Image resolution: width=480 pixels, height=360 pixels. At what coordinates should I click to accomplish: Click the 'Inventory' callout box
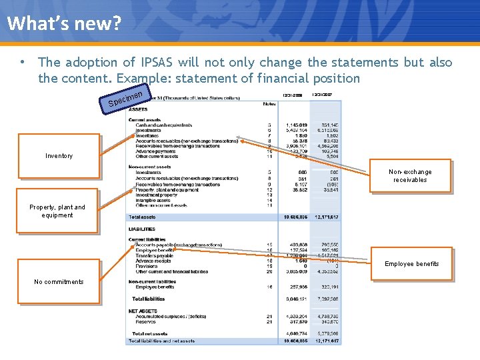coord(59,156)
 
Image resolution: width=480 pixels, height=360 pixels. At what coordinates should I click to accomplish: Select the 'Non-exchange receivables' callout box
coord(410,176)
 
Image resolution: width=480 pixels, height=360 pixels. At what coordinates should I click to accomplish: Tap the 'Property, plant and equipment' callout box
coord(57,211)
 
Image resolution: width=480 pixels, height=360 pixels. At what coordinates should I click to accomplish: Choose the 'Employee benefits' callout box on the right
coord(411,264)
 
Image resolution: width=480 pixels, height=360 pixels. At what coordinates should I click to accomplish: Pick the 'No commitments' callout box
coord(59,282)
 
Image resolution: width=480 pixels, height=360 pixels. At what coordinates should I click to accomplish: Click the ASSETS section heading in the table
coord(138,108)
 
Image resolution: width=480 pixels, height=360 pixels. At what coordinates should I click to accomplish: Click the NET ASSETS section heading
coord(142,311)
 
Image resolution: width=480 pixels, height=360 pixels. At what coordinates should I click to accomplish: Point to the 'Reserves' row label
coord(147,323)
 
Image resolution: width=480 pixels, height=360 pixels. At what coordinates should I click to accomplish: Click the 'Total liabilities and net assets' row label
coord(161,341)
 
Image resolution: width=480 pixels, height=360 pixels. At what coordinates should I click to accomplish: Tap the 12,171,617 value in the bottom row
coord(325,341)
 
